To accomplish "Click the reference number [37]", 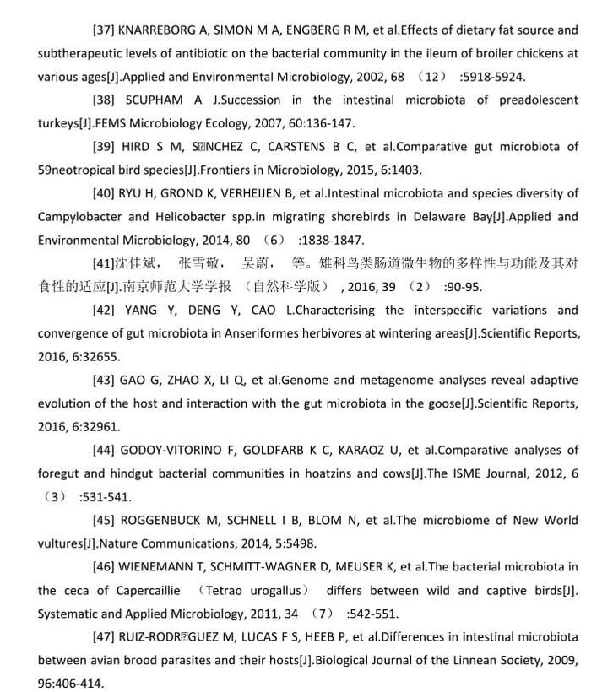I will [x=105, y=30].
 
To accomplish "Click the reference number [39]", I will [x=105, y=146].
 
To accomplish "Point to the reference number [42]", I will [x=105, y=310].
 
